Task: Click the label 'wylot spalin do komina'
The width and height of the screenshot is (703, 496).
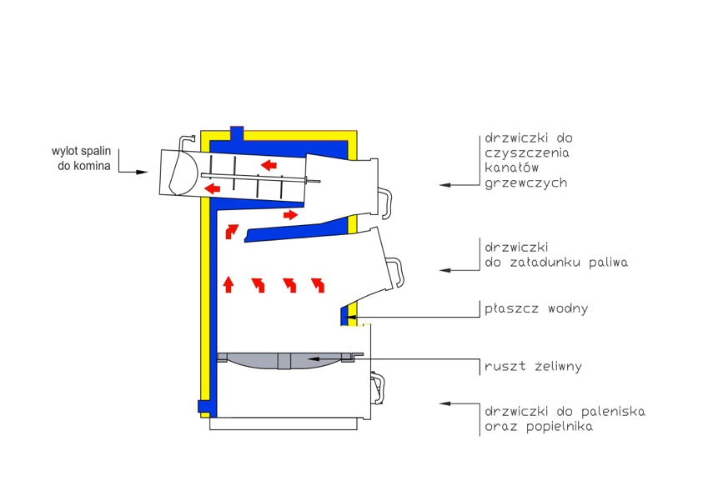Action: [x=81, y=158]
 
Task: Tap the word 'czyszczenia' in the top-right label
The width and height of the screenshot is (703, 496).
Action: [x=527, y=153]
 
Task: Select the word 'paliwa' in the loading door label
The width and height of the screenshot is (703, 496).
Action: [x=609, y=262]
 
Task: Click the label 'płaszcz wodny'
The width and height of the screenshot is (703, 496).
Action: [x=536, y=308]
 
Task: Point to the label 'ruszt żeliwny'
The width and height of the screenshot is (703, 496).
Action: [x=533, y=366]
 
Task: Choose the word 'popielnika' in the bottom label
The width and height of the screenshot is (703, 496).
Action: [x=560, y=426]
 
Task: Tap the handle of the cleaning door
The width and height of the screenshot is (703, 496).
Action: [x=385, y=203]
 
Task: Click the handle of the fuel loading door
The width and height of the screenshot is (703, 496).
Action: [x=396, y=271]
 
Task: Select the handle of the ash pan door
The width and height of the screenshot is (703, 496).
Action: [x=378, y=388]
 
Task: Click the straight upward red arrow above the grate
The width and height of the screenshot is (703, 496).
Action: [x=228, y=284]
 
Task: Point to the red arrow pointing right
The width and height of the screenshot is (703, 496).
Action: [x=290, y=215]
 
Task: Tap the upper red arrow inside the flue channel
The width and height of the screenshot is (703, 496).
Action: [x=269, y=165]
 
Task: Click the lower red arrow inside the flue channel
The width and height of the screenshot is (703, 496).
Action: [x=212, y=188]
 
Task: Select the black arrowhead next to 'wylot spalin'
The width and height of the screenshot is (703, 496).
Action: [x=142, y=172]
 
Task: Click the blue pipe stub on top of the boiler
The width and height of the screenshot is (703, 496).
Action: [x=237, y=133]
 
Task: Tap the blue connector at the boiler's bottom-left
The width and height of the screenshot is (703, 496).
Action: [x=204, y=406]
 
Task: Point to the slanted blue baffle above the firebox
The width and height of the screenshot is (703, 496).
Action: [x=296, y=230]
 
